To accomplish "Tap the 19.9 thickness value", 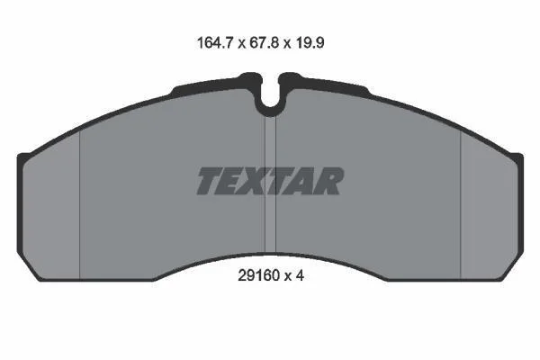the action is click(x=310, y=43).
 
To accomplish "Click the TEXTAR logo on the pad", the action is click(x=270, y=181).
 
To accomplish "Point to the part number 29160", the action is click(x=258, y=275).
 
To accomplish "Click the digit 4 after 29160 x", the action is click(x=300, y=275).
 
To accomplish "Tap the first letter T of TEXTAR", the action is click(x=210, y=181).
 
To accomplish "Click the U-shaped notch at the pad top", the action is click(x=270, y=103).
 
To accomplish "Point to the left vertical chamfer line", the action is click(x=79, y=205).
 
